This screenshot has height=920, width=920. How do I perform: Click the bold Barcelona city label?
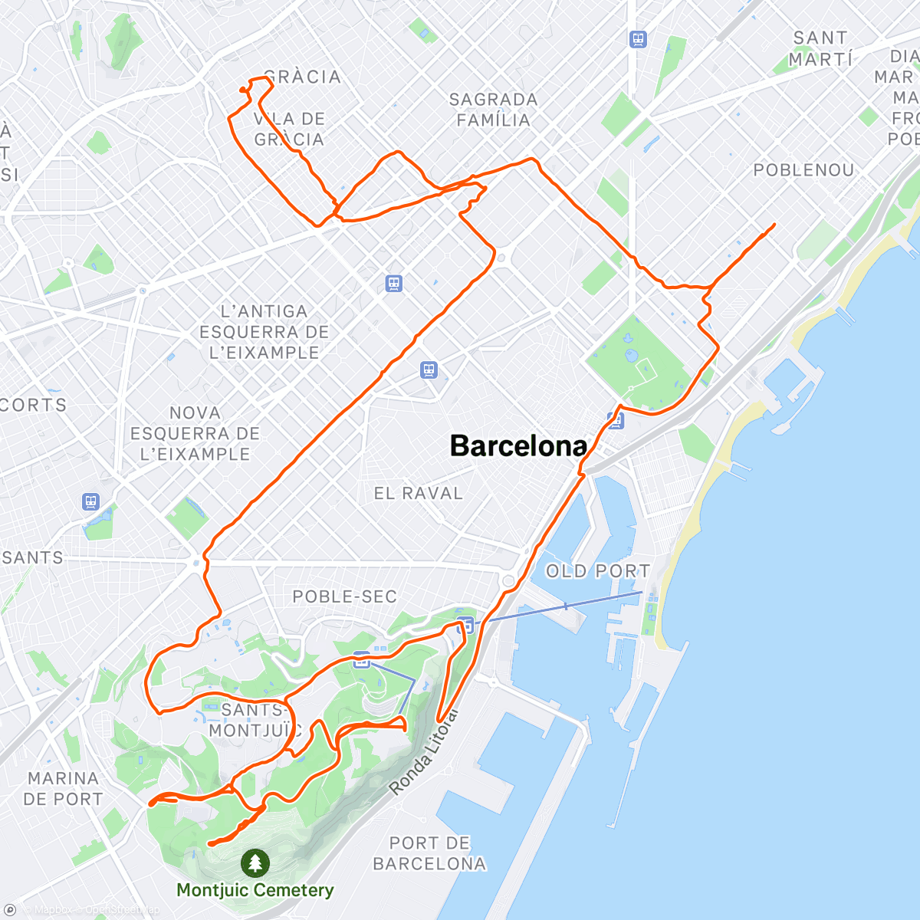tap(518, 446)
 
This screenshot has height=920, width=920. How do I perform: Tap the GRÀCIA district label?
tap(302, 77)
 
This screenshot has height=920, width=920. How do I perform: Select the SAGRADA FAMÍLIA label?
tap(493, 110)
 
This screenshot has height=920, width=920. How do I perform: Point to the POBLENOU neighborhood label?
tap(803, 170)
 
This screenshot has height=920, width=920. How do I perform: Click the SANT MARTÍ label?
tap(820, 48)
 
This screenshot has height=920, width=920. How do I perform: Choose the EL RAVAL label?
tap(419, 494)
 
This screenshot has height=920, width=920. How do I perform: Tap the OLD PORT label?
tap(598, 571)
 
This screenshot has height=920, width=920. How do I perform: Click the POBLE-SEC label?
tap(344, 596)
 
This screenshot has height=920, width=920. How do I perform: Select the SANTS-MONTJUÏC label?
tap(253, 720)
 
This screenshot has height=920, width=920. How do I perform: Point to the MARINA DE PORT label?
tap(63, 789)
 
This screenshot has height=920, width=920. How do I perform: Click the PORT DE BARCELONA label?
tap(429, 853)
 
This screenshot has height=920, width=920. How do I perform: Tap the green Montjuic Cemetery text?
tap(255, 890)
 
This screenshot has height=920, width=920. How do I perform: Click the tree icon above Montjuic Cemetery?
tap(255, 863)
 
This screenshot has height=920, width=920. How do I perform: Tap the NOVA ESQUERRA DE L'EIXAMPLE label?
tap(195, 433)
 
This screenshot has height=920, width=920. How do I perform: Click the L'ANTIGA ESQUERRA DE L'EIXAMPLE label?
tap(264, 332)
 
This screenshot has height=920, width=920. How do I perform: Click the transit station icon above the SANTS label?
tap(91, 502)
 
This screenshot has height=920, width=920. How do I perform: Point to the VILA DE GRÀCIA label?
tap(290, 129)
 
